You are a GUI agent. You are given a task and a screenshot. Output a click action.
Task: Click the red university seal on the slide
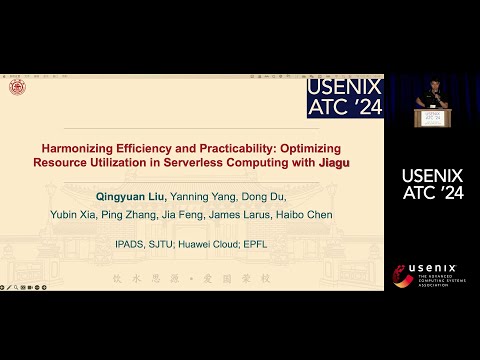[16, 88]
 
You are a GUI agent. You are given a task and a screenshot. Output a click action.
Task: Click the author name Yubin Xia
[73, 215]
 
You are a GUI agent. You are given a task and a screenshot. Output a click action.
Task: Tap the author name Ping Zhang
[130, 215]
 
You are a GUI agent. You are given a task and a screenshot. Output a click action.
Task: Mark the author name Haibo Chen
[311, 215]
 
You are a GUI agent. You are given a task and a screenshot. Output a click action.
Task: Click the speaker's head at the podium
[431, 84]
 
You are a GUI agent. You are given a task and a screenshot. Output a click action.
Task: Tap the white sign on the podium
[431, 115]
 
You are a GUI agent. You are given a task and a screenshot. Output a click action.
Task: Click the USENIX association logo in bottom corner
[431, 273]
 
